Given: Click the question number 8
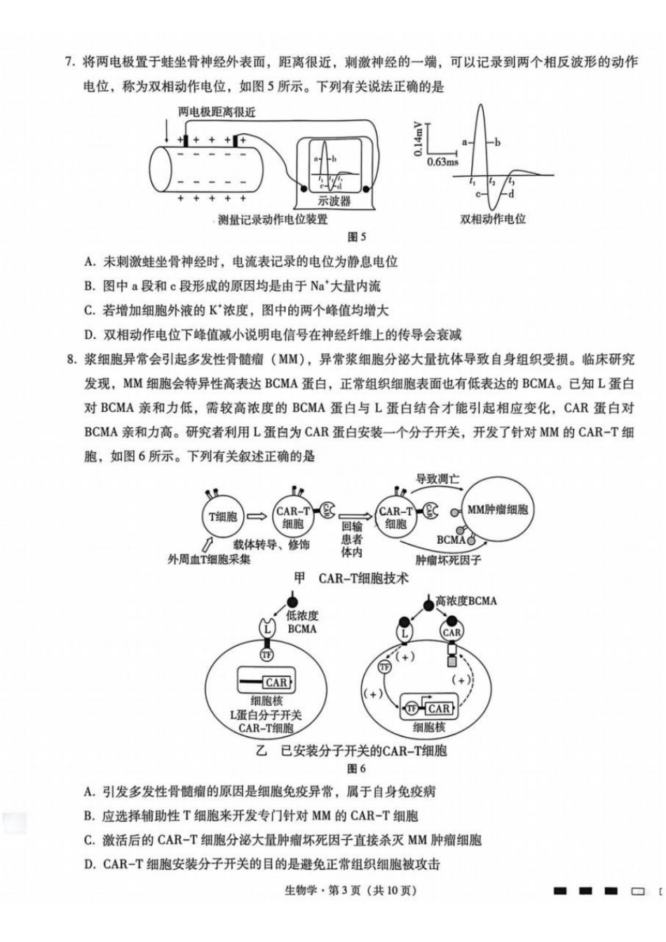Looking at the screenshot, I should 70,360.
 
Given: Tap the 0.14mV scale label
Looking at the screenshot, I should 418,138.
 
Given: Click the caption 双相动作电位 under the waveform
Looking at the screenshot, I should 493,219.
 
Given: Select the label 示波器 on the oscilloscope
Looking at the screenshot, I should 334,201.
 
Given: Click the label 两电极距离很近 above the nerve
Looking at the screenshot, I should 217,112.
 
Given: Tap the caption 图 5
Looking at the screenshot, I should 357,237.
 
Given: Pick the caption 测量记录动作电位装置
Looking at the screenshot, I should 273,220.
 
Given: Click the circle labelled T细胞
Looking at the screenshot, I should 223,517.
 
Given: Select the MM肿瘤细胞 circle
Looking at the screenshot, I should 497,510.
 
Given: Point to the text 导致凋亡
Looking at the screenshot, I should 437,479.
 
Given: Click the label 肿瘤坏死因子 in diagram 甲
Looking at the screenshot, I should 448,560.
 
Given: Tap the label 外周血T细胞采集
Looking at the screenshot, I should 209,559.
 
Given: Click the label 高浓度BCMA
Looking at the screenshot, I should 465,601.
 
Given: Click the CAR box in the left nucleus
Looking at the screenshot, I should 276,682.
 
